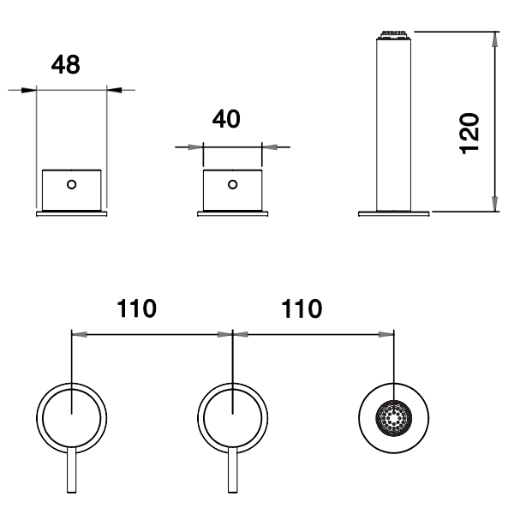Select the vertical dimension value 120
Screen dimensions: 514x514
(x=469, y=131)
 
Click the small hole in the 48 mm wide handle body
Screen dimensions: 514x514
(x=72, y=182)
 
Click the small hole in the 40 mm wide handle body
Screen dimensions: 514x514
(x=231, y=182)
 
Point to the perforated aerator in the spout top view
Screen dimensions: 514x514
(x=393, y=420)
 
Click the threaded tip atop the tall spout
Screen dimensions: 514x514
(x=393, y=35)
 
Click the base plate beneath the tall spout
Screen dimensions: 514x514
(x=393, y=213)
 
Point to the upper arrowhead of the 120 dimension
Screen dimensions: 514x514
(x=494, y=39)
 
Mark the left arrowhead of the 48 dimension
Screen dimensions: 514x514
(x=30, y=88)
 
